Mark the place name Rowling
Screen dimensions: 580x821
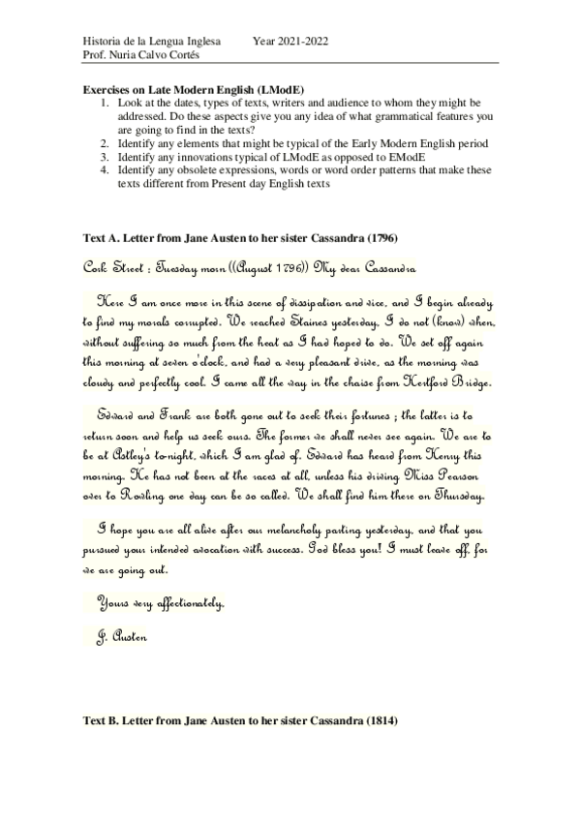click(x=145, y=498)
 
